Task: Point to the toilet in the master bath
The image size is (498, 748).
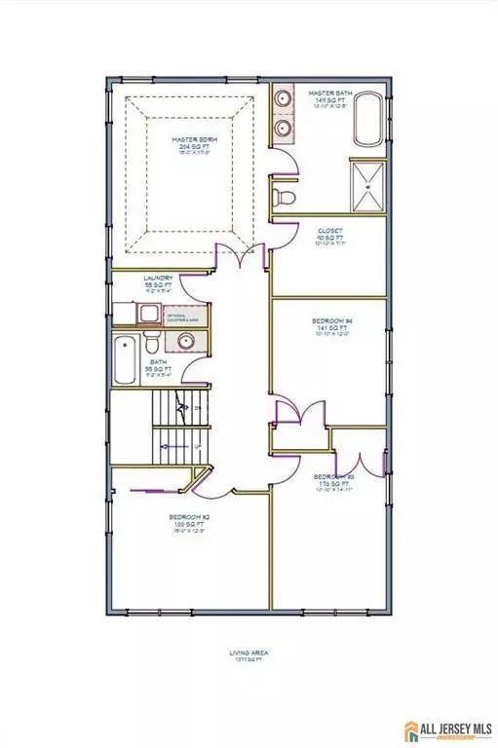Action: [x=286, y=199]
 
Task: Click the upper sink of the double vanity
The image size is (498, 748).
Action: [x=284, y=99]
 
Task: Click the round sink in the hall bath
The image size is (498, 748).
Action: [x=183, y=340]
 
